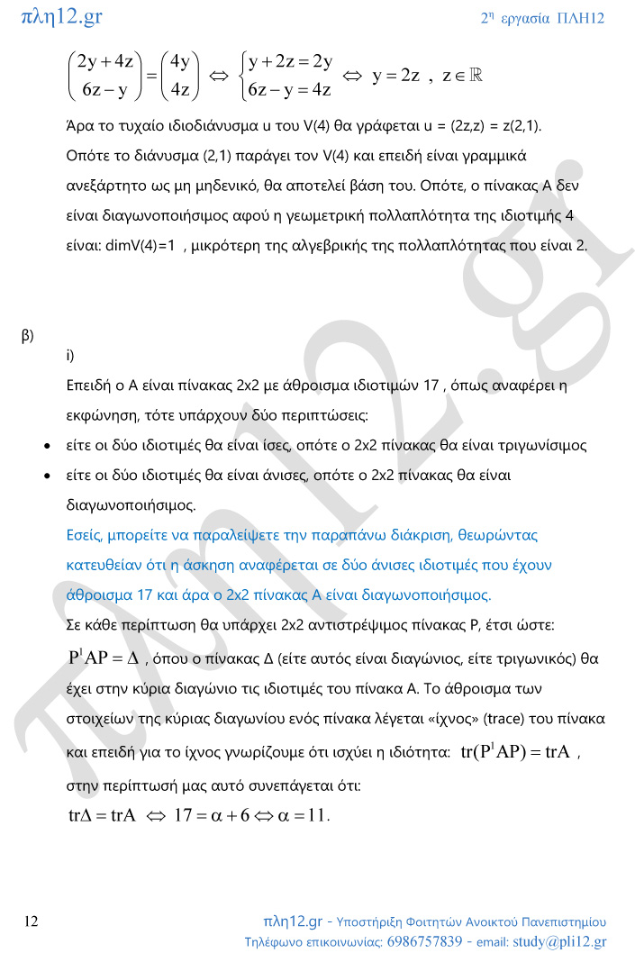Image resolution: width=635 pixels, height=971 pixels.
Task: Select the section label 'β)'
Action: pos(27,335)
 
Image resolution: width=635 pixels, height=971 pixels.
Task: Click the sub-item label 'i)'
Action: pos(70,355)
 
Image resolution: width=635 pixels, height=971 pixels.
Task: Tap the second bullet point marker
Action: pos(47,475)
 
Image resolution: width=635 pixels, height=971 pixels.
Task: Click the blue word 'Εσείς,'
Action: pos(87,535)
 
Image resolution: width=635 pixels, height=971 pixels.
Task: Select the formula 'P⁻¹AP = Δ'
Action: pos(103,658)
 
